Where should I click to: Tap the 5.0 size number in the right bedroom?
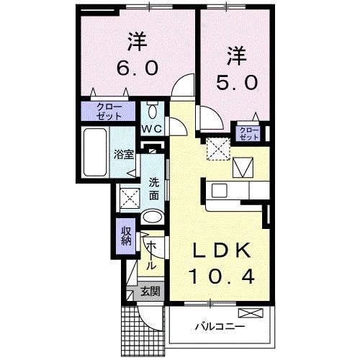235,82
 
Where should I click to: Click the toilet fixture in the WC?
152,111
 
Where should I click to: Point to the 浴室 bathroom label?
123,154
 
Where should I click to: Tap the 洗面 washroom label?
154,189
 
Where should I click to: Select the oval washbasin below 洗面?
152,217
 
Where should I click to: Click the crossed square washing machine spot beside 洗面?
129,197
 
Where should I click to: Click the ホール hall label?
152,255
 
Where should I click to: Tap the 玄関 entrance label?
150,292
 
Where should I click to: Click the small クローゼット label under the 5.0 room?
248,132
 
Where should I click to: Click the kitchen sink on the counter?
219,191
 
